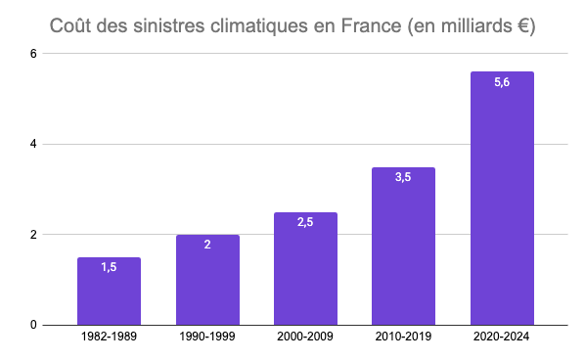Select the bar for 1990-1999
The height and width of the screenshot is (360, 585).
pos(207,284)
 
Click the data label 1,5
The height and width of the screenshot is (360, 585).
pos(109,267)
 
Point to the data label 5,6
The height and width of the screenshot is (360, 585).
pos(502,82)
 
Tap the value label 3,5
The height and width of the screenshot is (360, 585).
pos(403,177)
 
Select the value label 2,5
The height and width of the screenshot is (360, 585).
pos(305,222)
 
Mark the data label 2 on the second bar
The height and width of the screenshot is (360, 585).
pos(207,245)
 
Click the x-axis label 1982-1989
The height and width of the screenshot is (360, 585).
pos(109,337)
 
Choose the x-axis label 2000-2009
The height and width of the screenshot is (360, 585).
pos(305,337)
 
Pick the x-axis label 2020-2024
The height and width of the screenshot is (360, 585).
pos(502,337)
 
